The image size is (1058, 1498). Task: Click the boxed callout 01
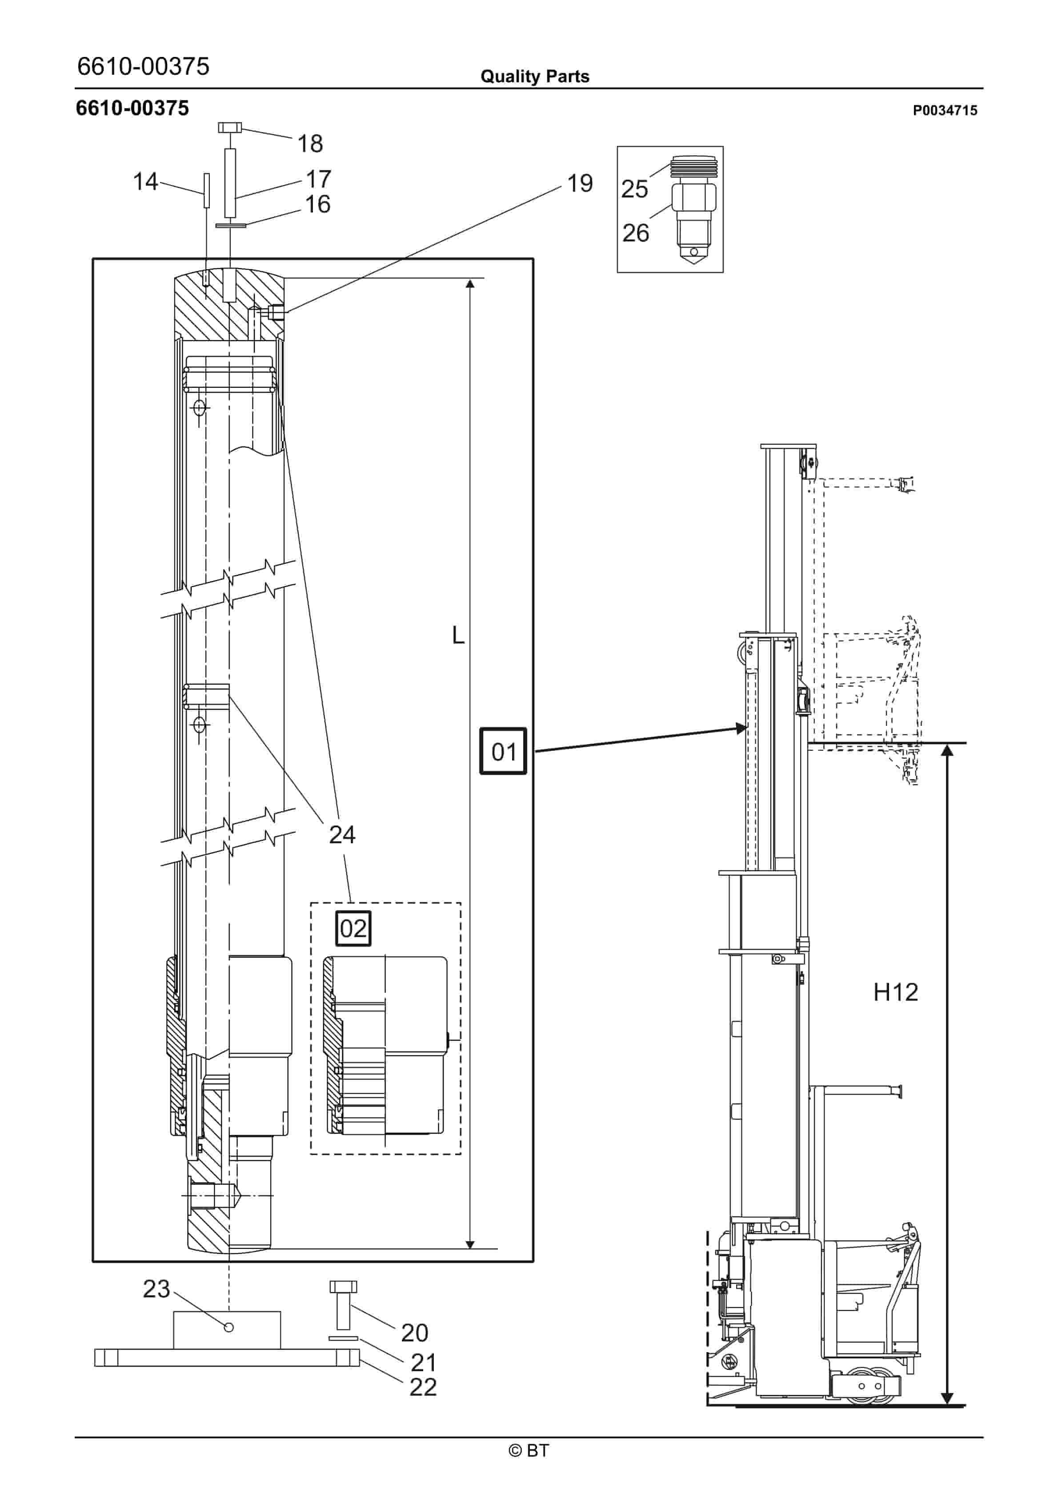pyautogui.click(x=503, y=751)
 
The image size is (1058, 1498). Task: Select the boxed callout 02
pyautogui.click(x=353, y=928)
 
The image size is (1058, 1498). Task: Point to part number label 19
pyautogui.click(x=580, y=183)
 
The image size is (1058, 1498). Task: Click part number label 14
pyautogui.click(x=145, y=181)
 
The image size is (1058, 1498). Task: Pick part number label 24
pyautogui.click(x=342, y=834)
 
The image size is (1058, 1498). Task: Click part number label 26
pyautogui.click(x=635, y=233)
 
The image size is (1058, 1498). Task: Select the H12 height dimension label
pyautogui.click(x=896, y=992)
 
